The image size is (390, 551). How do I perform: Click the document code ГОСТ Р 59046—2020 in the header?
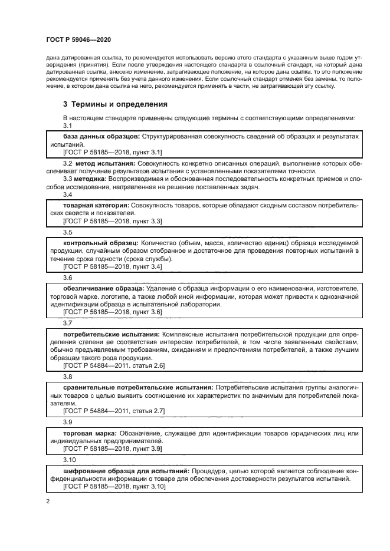(78, 39)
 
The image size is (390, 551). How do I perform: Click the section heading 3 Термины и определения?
(115, 104)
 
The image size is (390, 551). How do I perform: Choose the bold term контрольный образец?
(100, 242)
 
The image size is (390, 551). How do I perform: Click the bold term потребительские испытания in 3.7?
(110, 334)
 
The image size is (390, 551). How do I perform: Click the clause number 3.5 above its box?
(67, 232)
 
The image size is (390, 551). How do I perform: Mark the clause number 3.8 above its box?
(67, 377)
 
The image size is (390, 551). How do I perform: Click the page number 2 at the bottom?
(47, 501)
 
